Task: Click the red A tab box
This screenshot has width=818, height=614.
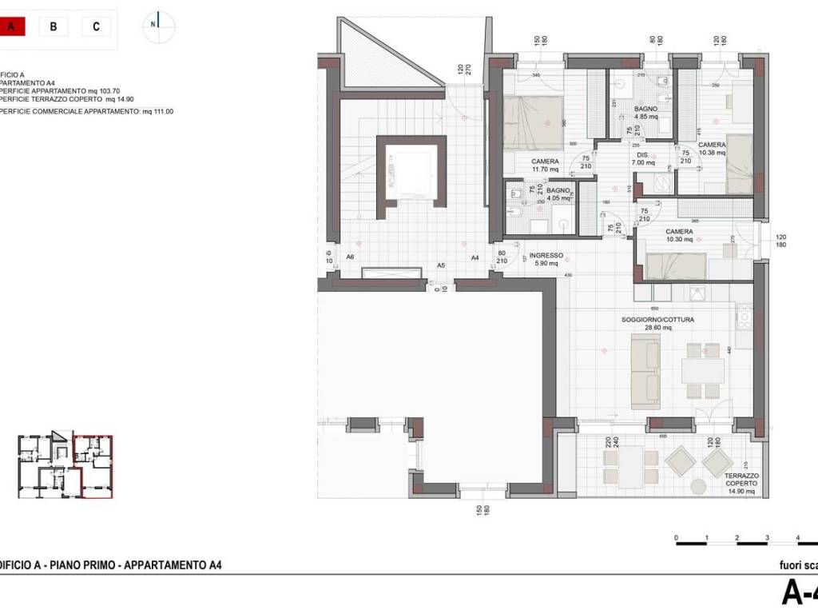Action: pyautogui.click(x=11, y=26)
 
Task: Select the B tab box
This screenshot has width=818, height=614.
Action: pyautogui.click(x=54, y=26)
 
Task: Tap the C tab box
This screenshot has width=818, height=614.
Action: pyautogui.click(x=96, y=26)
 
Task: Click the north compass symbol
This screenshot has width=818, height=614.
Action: pyautogui.click(x=159, y=24)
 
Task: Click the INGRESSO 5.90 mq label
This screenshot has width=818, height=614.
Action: pyautogui.click(x=546, y=260)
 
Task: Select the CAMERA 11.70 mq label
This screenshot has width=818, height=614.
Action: pyautogui.click(x=546, y=165)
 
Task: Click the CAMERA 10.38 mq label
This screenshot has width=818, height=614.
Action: pyautogui.click(x=712, y=148)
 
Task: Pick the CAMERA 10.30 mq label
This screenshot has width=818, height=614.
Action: pyautogui.click(x=680, y=236)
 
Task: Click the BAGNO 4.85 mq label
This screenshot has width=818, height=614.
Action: pyautogui.click(x=645, y=112)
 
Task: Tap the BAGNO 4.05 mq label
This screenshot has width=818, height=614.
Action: pyautogui.click(x=558, y=194)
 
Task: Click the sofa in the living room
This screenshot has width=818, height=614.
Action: pyautogui.click(x=645, y=372)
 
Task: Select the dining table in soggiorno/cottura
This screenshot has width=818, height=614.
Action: pyautogui.click(x=703, y=370)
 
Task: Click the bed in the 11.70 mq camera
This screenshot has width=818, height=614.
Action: pyautogui.click(x=533, y=122)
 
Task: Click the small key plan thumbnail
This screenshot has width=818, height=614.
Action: pyautogui.click(x=65, y=467)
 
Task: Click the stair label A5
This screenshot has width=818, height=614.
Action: pyautogui.click(x=440, y=265)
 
